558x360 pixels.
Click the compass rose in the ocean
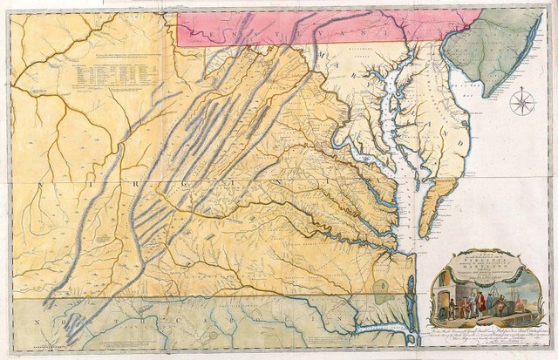point(523,102)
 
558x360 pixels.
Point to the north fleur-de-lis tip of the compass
point(523,89)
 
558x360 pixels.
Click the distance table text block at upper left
point(113,74)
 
